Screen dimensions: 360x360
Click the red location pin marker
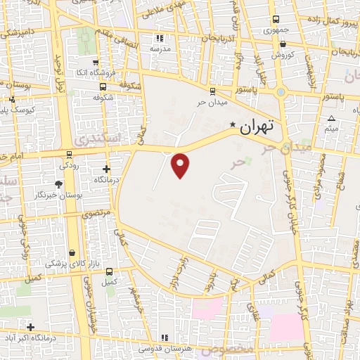point(181,165)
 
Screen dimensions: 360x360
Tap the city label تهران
point(255,127)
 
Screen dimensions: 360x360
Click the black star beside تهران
point(233,125)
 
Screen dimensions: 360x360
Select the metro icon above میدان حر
point(212,91)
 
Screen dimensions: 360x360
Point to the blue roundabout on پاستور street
point(281,91)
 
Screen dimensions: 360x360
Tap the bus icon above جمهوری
point(274,20)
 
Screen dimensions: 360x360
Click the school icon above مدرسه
point(159,39)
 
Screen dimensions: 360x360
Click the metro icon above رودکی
point(69,154)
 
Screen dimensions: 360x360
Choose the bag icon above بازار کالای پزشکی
point(72,252)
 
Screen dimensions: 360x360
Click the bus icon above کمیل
point(108,271)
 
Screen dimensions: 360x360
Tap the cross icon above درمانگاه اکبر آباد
point(30,327)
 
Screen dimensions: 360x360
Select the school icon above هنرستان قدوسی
point(165,337)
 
